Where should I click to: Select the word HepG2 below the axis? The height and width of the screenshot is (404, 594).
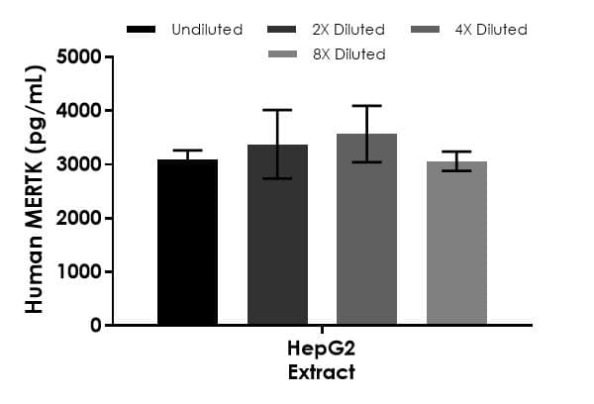[322, 352]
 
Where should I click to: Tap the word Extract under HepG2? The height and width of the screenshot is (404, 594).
[322, 372]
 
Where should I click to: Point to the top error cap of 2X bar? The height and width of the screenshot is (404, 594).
[277, 110]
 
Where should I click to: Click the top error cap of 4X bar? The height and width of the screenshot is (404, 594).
[366, 106]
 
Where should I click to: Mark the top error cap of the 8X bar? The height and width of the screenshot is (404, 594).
[456, 151]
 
